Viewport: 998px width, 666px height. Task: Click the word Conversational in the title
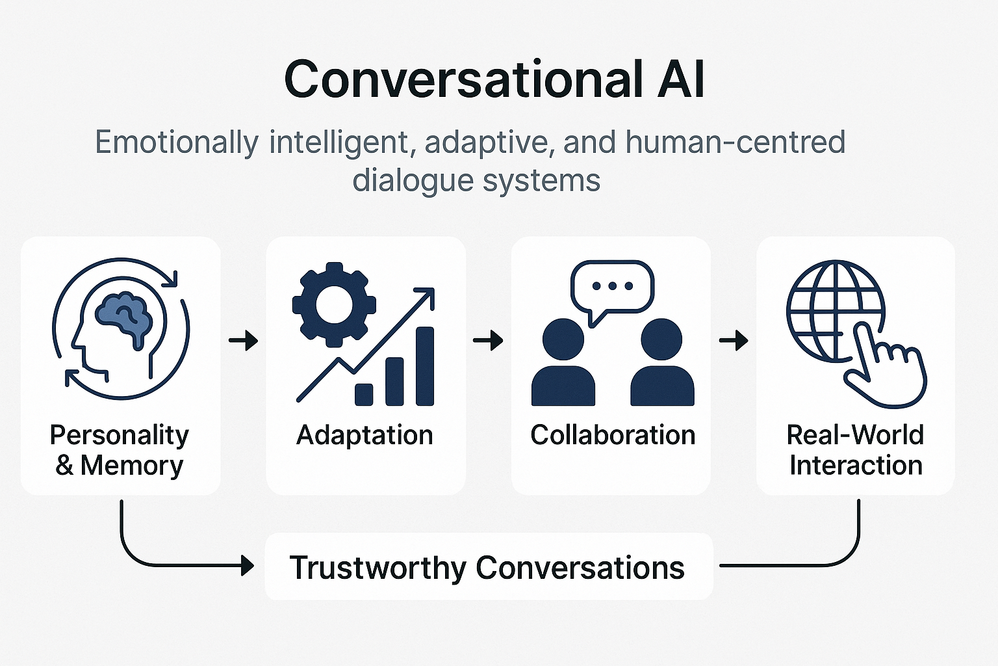click(x=459, y=79)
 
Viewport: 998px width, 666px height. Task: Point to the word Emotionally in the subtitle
click(x=177, y=142)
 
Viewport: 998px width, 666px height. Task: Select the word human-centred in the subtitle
click(x=736, y=142)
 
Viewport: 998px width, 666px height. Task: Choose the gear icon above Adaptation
click(x=333, y=303)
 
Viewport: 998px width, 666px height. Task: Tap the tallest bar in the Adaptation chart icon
click(x=424, y=366)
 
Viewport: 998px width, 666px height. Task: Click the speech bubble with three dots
click(x=611, y=287)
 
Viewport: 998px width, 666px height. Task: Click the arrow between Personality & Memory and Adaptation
click(x=244, y=340)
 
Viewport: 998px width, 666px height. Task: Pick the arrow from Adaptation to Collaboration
click(x=488, y=340)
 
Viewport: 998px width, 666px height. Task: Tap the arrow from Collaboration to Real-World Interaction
click(x=734, y=340)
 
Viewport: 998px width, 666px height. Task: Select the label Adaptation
click(x=365, y=435)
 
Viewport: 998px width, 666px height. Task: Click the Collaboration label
click(x=612, y=435)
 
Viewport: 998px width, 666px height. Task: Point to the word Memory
click(x=132, y=466)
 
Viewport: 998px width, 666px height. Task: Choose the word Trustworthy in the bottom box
click(x=377, y=568)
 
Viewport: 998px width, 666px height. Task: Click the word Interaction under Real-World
click(x=856, y=466)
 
